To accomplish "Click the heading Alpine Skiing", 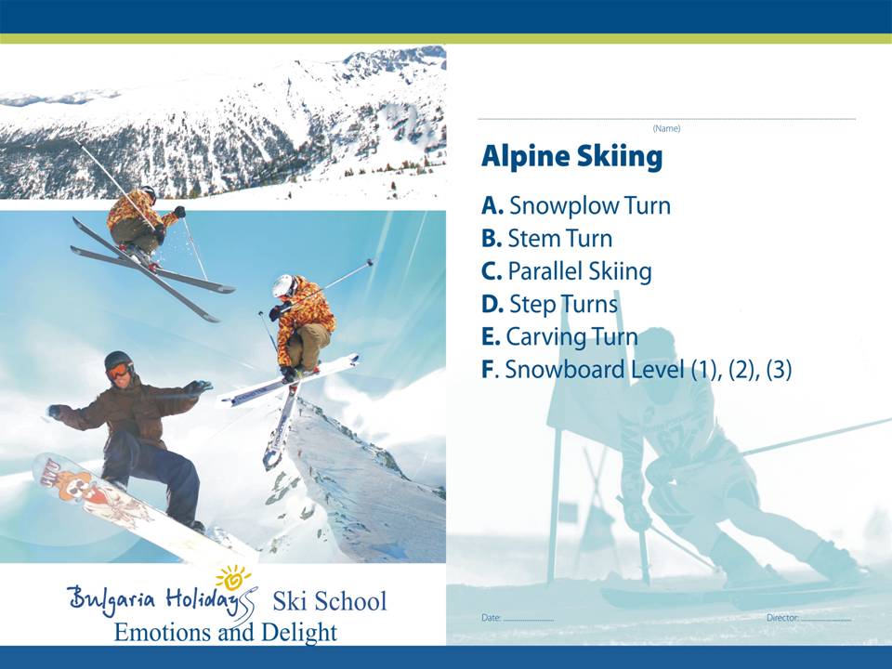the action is pyautogui.click(x=571, y=156).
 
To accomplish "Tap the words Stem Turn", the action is pyautogui.click(x=559, y=239).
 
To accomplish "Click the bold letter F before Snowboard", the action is pyautogui.click(x=488, y=369).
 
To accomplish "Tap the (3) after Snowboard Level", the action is pyautogui.click(x=779, y=369).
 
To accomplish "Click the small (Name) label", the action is pyautogui.click(x=666, y=128).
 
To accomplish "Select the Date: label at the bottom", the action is pyautogui.click(x=491, y=618).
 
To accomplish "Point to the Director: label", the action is pyautogui.click(x=782, y=618).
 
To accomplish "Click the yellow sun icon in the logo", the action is pyautogui.click(x=233, y=577).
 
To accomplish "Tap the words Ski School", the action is pyautogui.click(x=330, y=601).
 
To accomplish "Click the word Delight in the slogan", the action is pyautogui.click(x=299, y=632).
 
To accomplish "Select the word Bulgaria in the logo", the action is pyautogui.click(x=111, y=599).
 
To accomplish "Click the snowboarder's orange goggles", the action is pyautogui.click(x=119, y=371).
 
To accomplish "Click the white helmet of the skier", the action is pyautogui.click(x=282, y=285).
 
